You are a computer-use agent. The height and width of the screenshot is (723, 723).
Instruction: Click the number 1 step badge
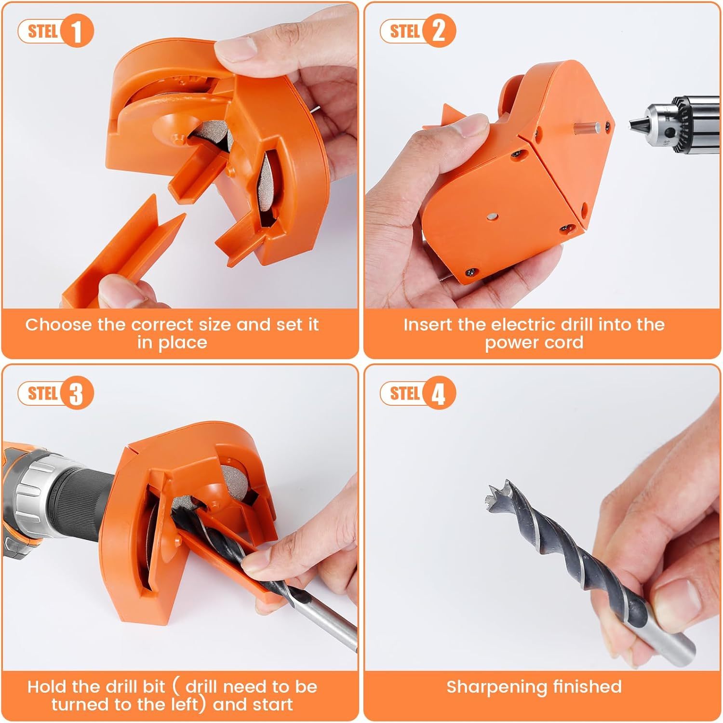[x=77, y=31]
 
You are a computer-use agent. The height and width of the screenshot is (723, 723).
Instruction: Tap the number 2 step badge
[x=439, y=31]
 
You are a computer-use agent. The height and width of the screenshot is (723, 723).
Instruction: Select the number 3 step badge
[x=77, y=393]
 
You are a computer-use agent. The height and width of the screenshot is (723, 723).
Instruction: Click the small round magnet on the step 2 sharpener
[x=492, y=218]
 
